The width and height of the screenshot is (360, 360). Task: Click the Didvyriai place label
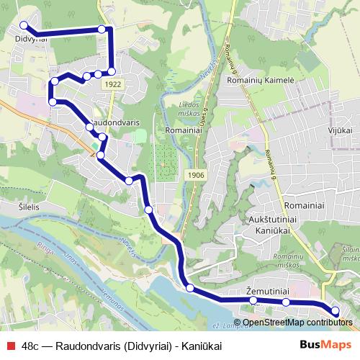[30, 40]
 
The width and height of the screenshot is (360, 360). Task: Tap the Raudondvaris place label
[116, 123]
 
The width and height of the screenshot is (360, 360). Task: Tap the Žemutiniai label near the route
[267, 291]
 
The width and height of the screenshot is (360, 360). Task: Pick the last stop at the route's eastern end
[335, 310]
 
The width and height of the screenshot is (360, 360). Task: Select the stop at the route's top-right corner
[102, 29]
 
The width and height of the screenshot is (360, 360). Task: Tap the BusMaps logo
[325, 345]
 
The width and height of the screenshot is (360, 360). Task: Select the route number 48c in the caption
[31, 346]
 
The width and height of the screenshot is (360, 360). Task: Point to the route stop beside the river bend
[190, 288]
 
